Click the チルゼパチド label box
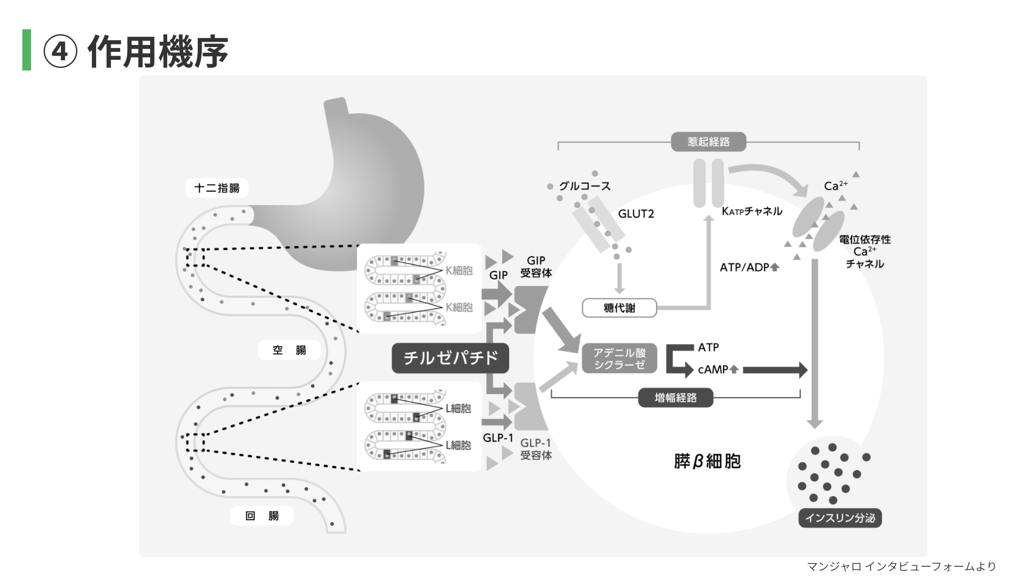click(450, 358)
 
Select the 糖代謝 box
click(619, 308)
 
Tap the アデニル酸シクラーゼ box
click(619, 358)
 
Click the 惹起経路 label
click(708, 142)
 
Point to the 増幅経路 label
click(675, 398)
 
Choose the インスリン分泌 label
click(840, 518)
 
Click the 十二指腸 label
click(216, 188)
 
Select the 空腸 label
click(289, 350)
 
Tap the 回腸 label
click(262, 516)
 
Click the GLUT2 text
click(636, 214)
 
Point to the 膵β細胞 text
click(707, 461)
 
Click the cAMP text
click(713, 370)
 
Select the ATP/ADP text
click(744, 267)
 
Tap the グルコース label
click(585, 186)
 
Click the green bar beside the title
click(26, 50)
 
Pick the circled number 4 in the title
click(60, 52)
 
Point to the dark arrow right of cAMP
click(775, 370)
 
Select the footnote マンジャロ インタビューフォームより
click(901, 566)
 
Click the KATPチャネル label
click(752, 212)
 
